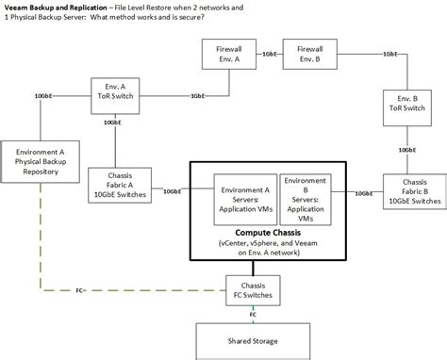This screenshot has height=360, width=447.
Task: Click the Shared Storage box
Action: coord(251,340)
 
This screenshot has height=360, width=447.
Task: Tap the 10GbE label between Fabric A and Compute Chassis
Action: coord(174,191)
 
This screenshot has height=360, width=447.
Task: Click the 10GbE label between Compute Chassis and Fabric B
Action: coord(363,192)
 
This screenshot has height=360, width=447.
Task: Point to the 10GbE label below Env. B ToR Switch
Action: coord(406,149)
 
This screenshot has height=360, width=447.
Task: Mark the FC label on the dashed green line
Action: coord(80,289)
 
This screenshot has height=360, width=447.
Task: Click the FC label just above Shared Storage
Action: coord(252,313)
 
